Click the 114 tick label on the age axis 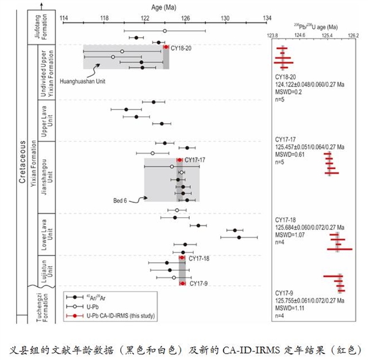[x=63, y=18]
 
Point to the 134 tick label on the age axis [x=267, y=18]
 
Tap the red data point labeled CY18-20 [x=166, y=47]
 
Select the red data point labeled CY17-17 [x=180, y=160]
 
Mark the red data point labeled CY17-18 [x=182, y=258]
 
